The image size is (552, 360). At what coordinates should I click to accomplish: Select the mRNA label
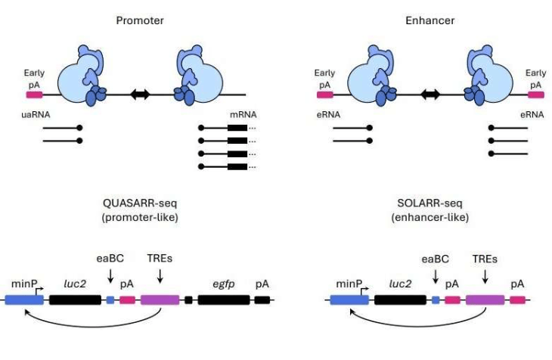click(243, 115)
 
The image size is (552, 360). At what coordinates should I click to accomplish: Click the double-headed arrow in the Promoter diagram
click(139, 95)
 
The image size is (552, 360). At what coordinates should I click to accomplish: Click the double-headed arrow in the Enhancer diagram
click(431, 95)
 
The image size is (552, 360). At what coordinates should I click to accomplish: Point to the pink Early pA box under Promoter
click(34, 95)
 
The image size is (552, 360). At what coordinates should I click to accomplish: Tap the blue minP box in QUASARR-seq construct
click(24, 300)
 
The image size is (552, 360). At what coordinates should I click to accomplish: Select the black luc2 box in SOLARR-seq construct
click(399, 300)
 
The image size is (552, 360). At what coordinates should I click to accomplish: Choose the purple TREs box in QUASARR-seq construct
click(160, 300)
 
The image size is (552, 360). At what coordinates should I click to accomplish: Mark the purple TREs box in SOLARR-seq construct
click(485, 300)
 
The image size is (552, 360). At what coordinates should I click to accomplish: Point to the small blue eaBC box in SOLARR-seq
click(435, 300)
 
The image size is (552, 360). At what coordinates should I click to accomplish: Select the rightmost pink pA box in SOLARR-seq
click(517, 300)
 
